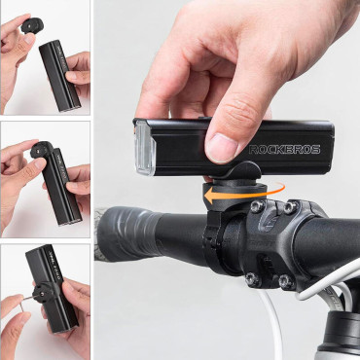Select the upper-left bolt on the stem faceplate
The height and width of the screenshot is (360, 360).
255,206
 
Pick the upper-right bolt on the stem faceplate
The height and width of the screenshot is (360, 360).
288,207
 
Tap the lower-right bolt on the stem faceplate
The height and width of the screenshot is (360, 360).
284,281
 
